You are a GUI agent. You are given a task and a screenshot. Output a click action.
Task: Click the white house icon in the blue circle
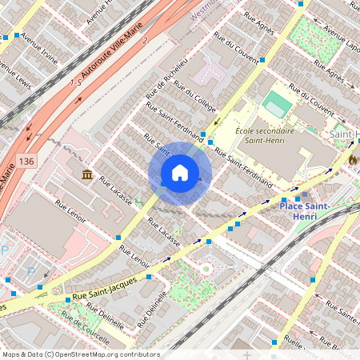pyautogui.click(x=180, y=173)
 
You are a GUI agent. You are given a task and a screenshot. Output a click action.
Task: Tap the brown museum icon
pyautogui.click(x=86, y=174)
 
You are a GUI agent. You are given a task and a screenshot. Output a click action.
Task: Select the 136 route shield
pyautogui.click(x=29, y=139)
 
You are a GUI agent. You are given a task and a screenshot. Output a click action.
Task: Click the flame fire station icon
pyautogui.click(x=352, y=158)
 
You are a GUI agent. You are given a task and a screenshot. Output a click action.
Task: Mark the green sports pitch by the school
pyautogui.click(x=276, y=102)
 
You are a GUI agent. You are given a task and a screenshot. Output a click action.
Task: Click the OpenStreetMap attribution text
pyautogui.click(x=80, y=354)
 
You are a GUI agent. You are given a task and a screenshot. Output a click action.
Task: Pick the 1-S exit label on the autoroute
pyautogui.click(x=77, y=82)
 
